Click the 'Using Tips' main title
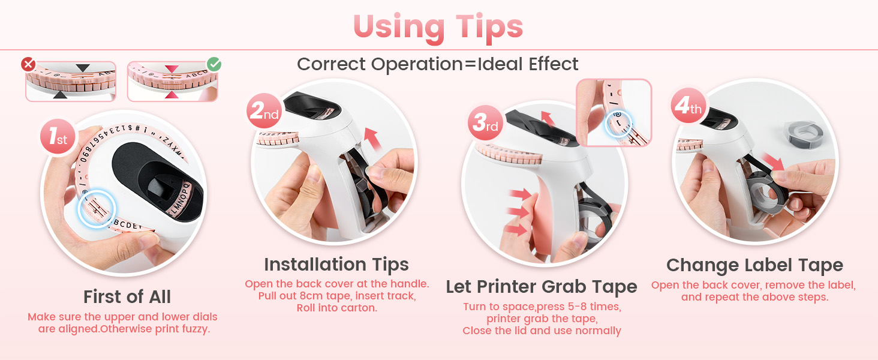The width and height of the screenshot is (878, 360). [438, 27]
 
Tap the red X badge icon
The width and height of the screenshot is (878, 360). [28, 64]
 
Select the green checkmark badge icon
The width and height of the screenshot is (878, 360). [214, 64]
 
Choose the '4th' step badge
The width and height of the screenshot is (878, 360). [688, 107]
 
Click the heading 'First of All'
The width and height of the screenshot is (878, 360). [127, 297]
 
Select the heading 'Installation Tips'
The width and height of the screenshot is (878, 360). [336, 265]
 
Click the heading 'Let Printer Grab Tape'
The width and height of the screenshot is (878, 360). [542, 287]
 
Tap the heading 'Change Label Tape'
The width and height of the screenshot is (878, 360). [754, 265]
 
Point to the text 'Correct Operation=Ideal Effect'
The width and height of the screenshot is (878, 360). [438, 64]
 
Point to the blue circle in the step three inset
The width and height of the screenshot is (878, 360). [617, 122]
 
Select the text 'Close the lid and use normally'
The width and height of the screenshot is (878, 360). [542, 331]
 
